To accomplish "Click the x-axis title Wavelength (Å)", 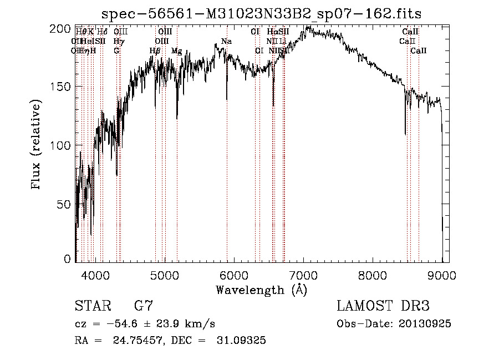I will [x=261, y=290].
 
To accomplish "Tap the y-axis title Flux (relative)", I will [x=37, y=145].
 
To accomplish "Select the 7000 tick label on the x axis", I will [x=304, y=274].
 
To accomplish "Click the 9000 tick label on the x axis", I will [x=442, y=274].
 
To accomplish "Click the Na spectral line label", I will [x=226, y=42].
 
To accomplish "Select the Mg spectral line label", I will [x=177, y=51].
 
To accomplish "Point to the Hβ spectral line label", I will [x=155, y=51].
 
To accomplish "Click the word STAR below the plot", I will [x=93, y=306].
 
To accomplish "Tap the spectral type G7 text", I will [x=143, y=306].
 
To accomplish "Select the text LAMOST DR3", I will [x=383, y=306].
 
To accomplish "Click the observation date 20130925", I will [x=424, y=324].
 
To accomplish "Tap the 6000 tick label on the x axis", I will [x=235, y=274].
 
